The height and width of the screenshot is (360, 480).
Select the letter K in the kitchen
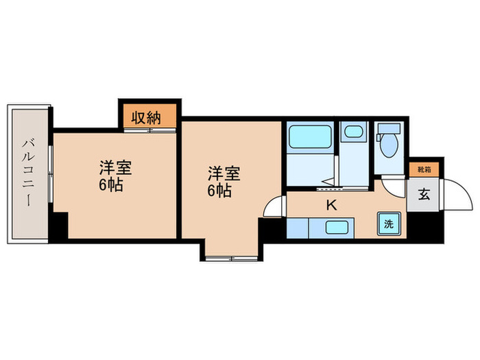[x=332, y=204]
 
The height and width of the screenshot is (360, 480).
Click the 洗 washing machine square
[x=388, y=224]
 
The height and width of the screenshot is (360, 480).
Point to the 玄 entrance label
[x=422, y=195]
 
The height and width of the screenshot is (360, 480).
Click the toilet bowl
[x=389, y=146]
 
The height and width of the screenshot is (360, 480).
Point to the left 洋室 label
[x=115, y=167]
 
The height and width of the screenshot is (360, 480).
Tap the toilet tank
[x=389, y=130]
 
